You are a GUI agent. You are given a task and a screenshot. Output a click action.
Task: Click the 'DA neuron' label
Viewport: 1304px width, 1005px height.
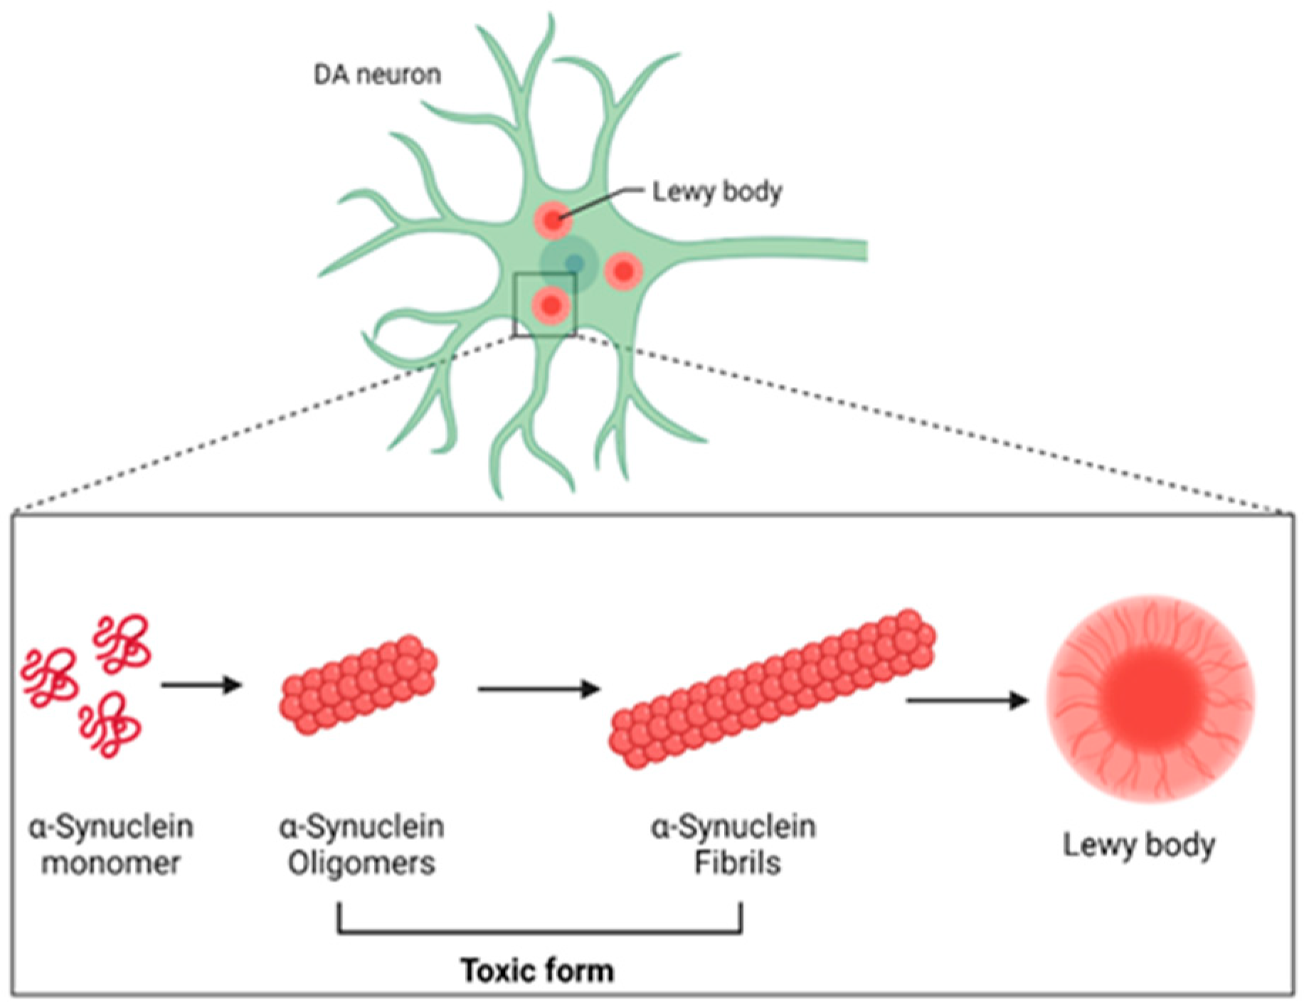point(378,74)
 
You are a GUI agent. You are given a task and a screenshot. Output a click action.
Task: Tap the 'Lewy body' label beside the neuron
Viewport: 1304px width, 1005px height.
point(717,191)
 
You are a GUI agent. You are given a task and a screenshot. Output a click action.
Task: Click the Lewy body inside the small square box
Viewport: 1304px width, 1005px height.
point(551,304)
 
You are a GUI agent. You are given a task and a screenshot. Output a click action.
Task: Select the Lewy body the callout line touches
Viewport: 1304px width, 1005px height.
point(553,220)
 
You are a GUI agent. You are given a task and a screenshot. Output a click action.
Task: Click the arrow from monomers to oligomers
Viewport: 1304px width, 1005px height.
point(202,686)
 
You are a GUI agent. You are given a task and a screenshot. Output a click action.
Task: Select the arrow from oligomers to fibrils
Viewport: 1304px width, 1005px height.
point(539,688)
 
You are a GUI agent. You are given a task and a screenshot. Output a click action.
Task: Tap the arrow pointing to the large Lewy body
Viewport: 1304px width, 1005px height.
point(967,701)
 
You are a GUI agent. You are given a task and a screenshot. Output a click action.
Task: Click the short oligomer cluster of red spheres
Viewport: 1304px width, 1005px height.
point(358,685)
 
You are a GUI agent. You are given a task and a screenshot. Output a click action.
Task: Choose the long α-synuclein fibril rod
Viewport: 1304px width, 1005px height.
point(773,688)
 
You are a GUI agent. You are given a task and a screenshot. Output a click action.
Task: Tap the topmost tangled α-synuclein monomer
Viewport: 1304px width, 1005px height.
point(122,642)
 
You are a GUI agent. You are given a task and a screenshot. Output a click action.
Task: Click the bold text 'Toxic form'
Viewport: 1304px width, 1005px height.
point(538,971)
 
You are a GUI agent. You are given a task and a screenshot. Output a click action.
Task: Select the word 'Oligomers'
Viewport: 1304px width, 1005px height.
point(361,863)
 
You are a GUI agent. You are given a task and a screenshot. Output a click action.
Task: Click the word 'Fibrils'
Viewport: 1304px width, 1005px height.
point(737,863)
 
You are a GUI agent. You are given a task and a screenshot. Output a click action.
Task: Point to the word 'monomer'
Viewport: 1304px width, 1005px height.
point(111,863)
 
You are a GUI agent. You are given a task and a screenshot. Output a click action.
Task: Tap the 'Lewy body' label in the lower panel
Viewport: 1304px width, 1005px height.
point(1138,846)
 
